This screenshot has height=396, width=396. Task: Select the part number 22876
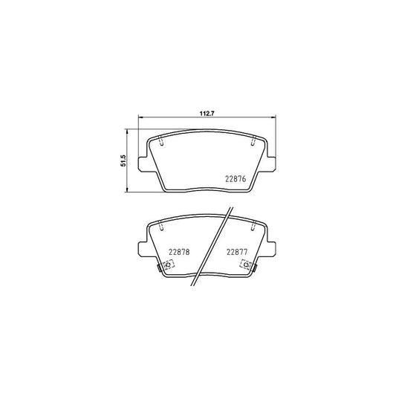[x=235, y=177]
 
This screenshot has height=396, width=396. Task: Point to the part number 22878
[x=179, y=251]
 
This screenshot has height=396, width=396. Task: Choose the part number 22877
[x=237, y=251]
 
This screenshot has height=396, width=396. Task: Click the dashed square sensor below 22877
[x=244, y=265]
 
